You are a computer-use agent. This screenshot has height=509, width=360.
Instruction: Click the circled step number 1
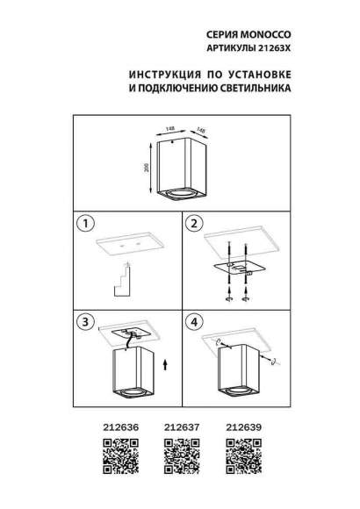click(x=85, y=224)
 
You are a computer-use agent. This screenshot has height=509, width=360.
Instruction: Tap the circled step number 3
click(x=85, y=322)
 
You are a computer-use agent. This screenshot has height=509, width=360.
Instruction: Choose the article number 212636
click(x=108, y=427)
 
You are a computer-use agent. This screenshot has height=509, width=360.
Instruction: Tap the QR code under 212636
click(x=107, y=454)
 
